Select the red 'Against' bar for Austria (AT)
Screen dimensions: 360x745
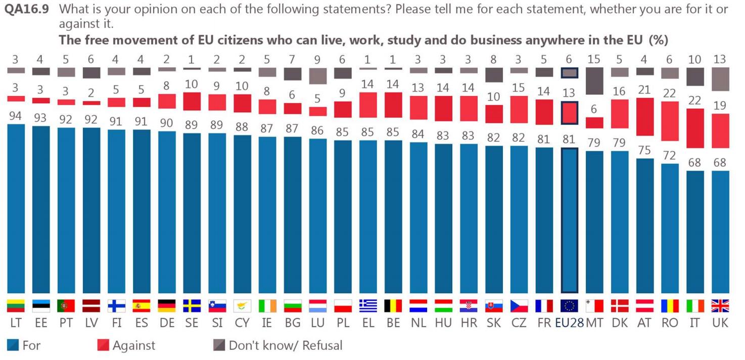(x=645, y=117)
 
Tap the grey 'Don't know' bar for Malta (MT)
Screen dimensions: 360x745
(x=594, y=81)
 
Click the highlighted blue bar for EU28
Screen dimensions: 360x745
(x=570, y=220)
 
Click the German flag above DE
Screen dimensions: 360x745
(x=167, y=306)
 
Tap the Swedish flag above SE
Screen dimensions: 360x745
(x=192, y=306)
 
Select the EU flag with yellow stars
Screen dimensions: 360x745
(x=570, y=306)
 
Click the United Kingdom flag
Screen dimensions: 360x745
(x=720, y=306)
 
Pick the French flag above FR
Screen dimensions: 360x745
(x=544, y=306)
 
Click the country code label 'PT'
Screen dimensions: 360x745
(x=66, y=323)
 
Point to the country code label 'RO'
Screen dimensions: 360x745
(x=670, y=323)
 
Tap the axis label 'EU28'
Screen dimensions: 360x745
(x=569, y=323)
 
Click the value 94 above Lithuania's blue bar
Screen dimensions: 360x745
(x=16, y=116)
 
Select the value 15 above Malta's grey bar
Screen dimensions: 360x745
(x=594, y=60)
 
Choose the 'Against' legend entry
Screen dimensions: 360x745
(x=127, y=346)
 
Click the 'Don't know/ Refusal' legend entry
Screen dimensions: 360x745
(x=278, y=346)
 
